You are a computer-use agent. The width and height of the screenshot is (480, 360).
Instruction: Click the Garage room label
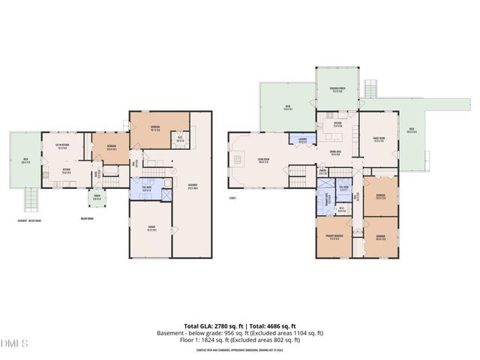(151, 229)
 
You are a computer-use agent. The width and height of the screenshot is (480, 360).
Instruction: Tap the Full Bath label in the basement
(146, 190)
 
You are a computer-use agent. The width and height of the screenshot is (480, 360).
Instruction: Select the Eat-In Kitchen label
(61, 146)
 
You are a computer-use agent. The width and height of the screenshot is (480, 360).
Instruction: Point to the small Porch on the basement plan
(97, 199)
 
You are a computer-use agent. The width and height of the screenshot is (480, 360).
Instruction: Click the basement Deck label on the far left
(26, 161)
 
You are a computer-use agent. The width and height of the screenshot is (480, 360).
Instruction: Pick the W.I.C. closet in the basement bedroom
(180, 139)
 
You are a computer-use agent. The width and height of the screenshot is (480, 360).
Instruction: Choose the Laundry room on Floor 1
(301, 139)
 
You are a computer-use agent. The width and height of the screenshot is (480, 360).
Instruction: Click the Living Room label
(263, 160)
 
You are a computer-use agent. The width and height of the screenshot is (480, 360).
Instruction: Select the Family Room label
(379, 139)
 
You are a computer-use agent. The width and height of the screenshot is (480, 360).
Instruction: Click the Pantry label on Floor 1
(323, 172)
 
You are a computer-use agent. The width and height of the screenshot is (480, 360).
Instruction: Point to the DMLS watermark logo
(13, 343)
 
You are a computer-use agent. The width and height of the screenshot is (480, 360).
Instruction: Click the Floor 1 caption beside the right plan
(232, 198)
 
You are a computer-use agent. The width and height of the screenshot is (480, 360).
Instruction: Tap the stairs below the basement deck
(31, 199)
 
